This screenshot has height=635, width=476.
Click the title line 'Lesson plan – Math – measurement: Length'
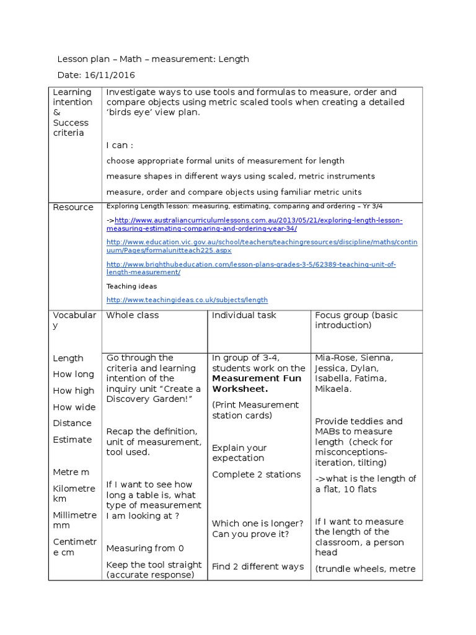click(x=153, y=59)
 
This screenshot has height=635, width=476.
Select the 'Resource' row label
click(x=73, y=207)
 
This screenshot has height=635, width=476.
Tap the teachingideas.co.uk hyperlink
click(x=187, y=300)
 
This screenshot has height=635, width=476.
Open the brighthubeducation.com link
click(x=251, y=268)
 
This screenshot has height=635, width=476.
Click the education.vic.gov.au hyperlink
click(x=262, y=246)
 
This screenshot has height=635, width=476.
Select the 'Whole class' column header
click(x=133, y=315)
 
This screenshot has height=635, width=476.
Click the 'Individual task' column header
click(x=244, y=315)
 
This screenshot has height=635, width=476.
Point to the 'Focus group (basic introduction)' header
click(x=356, y=320)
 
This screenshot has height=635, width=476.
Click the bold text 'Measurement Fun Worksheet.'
click(x=257, y=383)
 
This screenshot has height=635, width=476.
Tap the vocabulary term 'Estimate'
click(x=72, y=440)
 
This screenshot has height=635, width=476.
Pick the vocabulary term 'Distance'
click(x=72, y=423)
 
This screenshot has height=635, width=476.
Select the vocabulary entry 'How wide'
click(x=74, y=407)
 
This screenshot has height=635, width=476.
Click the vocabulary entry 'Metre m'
click(x=71, y=472)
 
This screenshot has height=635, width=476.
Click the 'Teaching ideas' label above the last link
click(x=131, y=286)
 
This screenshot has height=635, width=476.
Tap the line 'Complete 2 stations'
click(x=256, y=474)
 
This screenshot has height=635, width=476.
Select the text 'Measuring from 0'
click(x=145, y=548)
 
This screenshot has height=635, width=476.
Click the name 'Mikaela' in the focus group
click(x=333, y=389)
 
